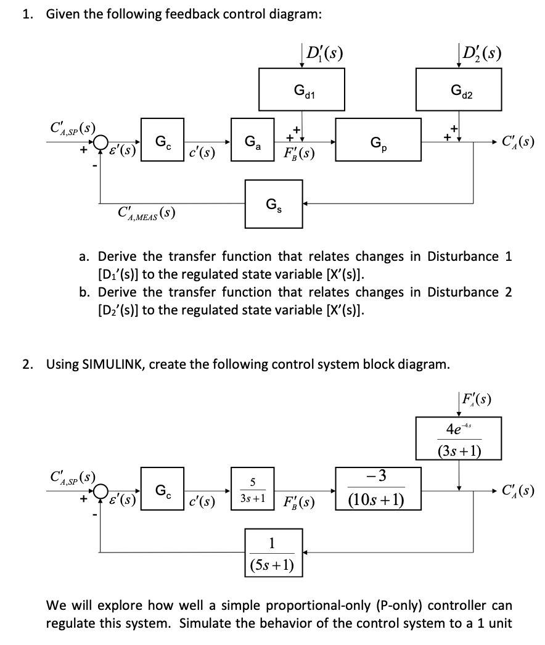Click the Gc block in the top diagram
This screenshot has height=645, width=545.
(162, 141)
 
